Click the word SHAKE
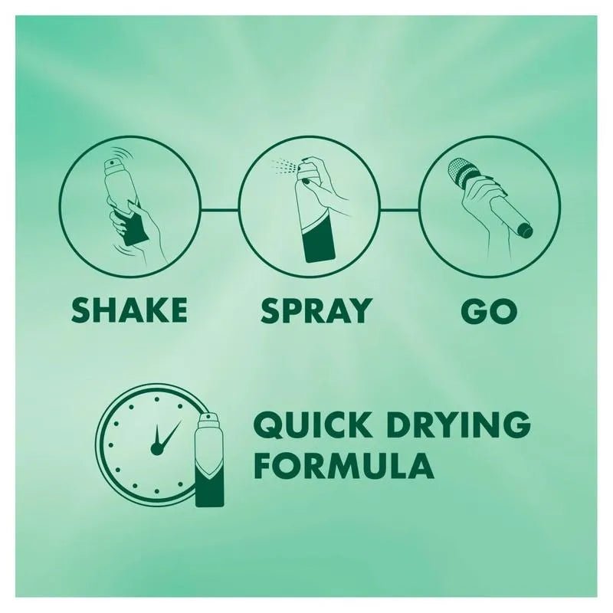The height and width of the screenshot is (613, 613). pos(129,310)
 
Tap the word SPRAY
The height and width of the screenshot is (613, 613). pos(315,310)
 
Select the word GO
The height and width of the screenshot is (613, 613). pos(489,310)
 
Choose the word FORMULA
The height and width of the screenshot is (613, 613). pos(344,466)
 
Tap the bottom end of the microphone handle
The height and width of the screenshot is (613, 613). pos(525,231)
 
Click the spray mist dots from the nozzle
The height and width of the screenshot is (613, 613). pos(284,167)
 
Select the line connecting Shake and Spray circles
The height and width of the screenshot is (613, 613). pos(220,210)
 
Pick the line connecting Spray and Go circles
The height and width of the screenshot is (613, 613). pos(399,210)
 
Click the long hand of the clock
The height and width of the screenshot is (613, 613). pos(169,434)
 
